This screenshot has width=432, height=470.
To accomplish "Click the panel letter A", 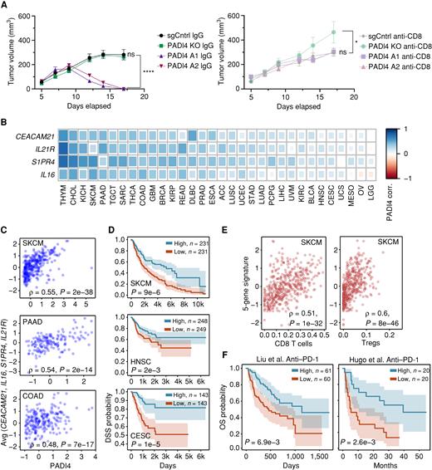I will pyautogui.click(x=7, y=6).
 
